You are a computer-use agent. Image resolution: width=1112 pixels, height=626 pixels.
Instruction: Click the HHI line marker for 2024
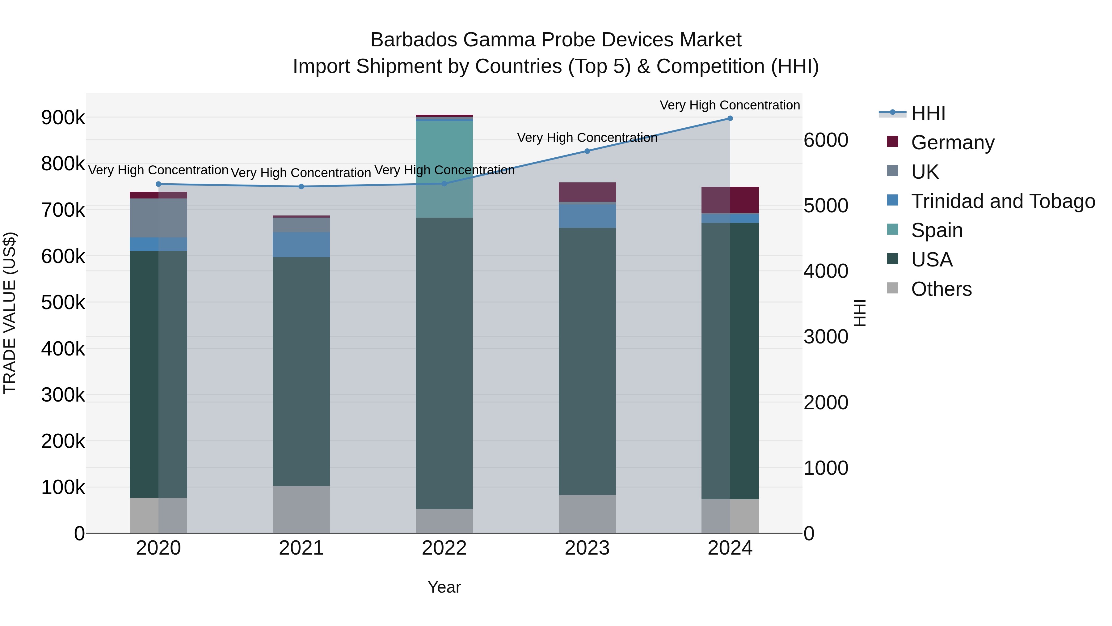pos(730,118)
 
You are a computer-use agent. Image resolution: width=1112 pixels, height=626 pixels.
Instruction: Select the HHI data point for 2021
pos(301,187)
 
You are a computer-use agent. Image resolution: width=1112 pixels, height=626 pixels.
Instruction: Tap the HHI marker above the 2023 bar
pos(587,151)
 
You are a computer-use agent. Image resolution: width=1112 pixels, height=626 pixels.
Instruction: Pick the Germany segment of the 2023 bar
pos(587,192)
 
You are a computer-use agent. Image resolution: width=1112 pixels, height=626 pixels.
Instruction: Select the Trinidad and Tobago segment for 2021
pos(301,245)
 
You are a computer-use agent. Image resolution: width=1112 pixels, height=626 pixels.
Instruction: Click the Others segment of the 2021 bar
pos(301,509)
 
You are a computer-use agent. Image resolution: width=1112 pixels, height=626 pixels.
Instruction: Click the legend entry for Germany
pos(952,143)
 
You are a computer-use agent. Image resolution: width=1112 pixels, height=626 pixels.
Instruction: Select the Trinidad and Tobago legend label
pos(1002,201)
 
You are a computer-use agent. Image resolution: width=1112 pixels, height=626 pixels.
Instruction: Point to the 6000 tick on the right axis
pos(826,140)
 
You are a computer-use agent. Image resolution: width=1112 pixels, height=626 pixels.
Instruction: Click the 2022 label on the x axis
pos(444,548)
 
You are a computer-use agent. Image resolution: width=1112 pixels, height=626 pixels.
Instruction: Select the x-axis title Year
pos(444,587)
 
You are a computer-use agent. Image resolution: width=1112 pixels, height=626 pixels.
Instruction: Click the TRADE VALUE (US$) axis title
pos(10,313)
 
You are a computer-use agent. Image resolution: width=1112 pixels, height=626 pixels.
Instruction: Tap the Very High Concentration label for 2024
pos(730,105)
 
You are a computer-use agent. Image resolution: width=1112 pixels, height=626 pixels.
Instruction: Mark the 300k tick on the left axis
pos(63,395)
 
